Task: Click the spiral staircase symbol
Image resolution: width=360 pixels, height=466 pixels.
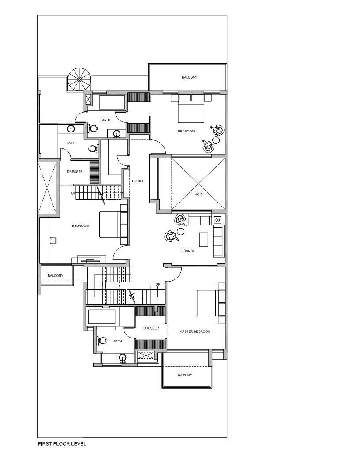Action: tap(80, 79)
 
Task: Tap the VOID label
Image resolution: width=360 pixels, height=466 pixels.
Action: tap(199, 195)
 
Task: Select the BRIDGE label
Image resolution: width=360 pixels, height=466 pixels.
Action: tap(138, 181)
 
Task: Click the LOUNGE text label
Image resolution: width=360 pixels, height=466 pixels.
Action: tap(188, 251)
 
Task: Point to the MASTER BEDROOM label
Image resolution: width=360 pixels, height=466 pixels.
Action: tap(195, 331)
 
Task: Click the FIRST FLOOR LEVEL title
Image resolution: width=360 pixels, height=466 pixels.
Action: tap(62, 444)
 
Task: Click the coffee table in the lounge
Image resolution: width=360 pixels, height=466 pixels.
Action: tap(204, 239)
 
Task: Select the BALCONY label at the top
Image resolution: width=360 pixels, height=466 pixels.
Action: tap(189, 78)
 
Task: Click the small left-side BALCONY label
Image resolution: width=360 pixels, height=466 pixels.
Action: tap(56, 276)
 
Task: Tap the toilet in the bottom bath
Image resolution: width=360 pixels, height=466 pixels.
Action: tap(102, 341)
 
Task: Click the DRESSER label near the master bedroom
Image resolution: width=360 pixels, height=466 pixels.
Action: tap(151, 328)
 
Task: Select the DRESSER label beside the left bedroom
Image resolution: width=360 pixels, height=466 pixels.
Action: tap(75, 172)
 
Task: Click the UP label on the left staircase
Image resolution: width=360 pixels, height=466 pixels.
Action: tap(73, 193)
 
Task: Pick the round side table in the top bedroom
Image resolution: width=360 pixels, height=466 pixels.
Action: tap(216, 140)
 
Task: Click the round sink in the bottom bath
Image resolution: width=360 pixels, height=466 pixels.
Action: tap(123, 357)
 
